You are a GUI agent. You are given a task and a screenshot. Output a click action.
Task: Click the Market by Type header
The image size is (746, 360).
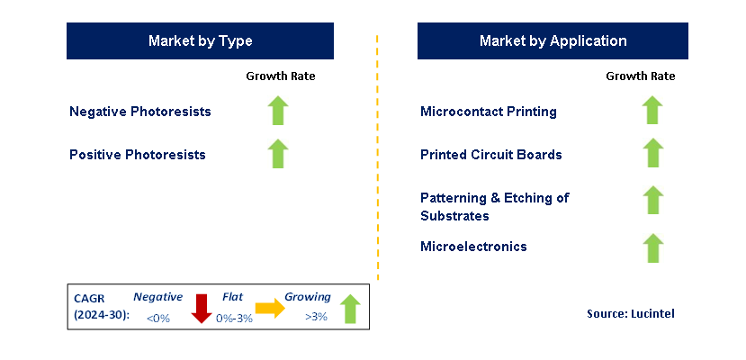tap(200, 41)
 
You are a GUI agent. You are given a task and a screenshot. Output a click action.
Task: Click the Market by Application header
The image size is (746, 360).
tap(553, 41)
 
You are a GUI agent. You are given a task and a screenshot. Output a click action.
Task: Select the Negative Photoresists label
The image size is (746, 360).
tap(140, 112)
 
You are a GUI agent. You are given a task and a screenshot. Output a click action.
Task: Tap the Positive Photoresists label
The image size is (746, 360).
tap(138, 155)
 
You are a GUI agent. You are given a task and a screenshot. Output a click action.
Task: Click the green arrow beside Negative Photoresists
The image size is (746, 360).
tap(278, 111)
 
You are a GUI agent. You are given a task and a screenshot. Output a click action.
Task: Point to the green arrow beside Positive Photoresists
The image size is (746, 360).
tap(278, 154)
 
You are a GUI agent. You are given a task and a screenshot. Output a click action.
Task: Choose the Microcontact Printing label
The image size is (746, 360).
tap(489, 112)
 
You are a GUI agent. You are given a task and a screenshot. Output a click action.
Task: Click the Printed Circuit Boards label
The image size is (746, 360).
tap(491, 155)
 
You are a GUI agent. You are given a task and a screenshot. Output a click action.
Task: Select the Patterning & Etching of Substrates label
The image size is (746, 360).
tap(494, 206)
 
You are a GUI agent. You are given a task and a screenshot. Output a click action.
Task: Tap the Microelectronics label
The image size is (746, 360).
tap(473, 247)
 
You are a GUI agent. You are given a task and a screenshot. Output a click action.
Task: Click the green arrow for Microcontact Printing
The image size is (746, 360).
tap(652, 111)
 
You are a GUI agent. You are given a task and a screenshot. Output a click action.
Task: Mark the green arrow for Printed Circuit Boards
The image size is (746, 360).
tap(652, 154)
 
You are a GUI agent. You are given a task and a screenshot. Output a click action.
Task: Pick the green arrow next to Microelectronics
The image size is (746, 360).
tap(652, 247)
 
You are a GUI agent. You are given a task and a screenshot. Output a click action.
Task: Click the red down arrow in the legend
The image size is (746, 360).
tap(201, 310)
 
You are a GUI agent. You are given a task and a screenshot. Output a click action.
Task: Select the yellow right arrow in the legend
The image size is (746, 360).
tap(269, 310)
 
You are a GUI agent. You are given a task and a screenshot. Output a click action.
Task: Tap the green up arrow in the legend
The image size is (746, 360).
tap(350, 309)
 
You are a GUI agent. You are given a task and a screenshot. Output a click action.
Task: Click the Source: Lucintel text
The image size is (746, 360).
tap(630, 313)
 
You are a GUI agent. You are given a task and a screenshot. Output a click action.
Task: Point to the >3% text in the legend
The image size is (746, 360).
tap(316, 317)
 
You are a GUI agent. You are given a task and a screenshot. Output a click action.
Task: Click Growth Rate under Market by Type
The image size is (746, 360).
tap(281, 76)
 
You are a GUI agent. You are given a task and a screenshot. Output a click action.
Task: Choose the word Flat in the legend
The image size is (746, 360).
tap(233, 297)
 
